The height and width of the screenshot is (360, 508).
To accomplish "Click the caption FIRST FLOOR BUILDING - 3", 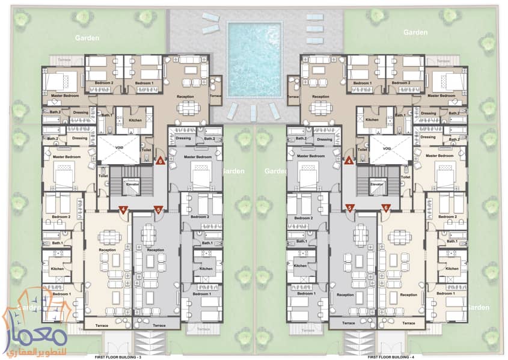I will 118,356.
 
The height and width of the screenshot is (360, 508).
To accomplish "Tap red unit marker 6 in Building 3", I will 160,161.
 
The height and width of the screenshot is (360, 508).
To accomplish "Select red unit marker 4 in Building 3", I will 123,210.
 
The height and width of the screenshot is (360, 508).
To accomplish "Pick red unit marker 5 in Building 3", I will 158,210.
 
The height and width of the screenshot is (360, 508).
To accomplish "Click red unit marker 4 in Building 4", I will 349,161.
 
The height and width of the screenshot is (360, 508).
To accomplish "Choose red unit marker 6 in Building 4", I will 386,208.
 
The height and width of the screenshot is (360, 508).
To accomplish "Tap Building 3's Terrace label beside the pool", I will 216,96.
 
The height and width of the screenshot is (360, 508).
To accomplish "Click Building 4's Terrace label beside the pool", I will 293,96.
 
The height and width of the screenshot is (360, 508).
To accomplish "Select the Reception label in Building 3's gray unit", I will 155,249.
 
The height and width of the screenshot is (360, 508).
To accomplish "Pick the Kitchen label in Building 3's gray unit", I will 206,269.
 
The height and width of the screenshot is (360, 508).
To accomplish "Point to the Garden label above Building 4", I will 415,31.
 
